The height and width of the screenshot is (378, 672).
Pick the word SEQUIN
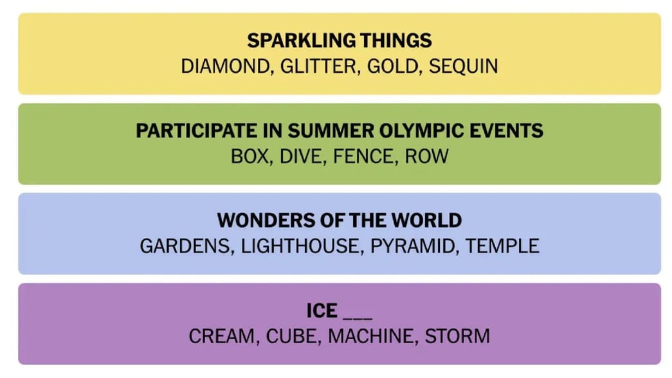point(463,66)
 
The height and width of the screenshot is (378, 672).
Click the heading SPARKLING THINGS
point(340,40)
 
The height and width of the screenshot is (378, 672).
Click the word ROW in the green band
point(426,156)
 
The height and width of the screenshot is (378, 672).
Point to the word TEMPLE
point(502,246)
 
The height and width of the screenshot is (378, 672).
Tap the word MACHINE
point(365,336)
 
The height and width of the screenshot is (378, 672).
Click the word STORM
point(457,336)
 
